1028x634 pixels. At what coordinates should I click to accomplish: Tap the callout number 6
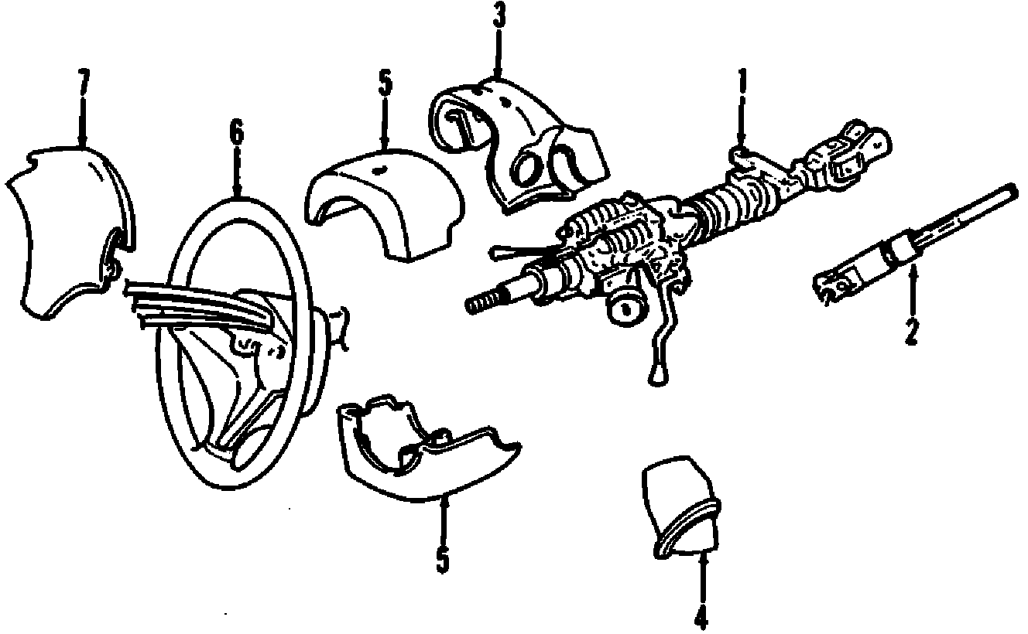tap(236, 132)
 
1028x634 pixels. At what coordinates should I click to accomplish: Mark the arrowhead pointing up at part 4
tap(702, 555)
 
